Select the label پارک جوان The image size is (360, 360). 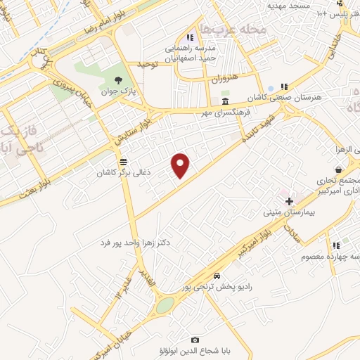pyautogui.click(x=117, y=92)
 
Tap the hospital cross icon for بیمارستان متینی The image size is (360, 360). pyautogui.click(x=288, y=201)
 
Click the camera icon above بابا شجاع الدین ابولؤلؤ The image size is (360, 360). pyautogui.click(x=195, y=340)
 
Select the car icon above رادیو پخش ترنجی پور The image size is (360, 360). pyautogui.click(x=217, y=275)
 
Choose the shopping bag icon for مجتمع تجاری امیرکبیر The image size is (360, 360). pyautogui.click(x=339, y=169)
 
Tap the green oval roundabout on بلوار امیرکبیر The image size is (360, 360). pyautogui.click(x=165, y=305)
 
